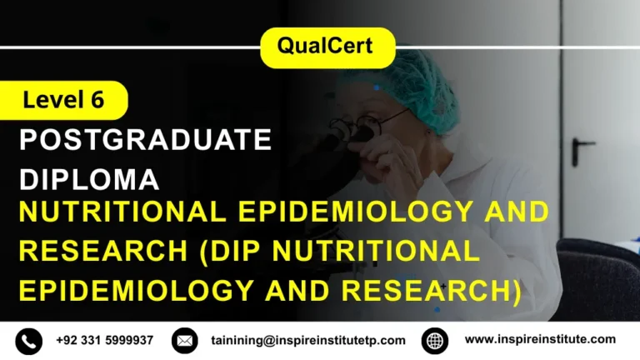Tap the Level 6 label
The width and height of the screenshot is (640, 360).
pyautogui.click(x=63, y=101)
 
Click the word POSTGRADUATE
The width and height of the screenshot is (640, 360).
pyautogui.click(x=146, y=140)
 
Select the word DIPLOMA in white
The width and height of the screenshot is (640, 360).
pyautogui.click(x=89, y=178)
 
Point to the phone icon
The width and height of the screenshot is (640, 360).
pyautogui.click(x=28, y=341)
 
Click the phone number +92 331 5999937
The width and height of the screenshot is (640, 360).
pyautogui.click(x=105, y=340)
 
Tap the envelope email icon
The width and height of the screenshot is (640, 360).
pyautogui.click(x=185, y=341)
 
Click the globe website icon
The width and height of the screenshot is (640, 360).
pyautogui.click(x=435, y=341)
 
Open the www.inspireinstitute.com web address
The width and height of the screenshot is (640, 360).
pyautogui.click(x=540, y=339)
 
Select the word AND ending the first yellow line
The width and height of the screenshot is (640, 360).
pyautogui.click(x=520, y=212)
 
